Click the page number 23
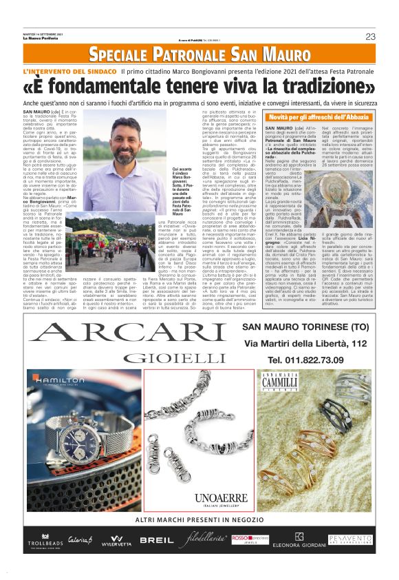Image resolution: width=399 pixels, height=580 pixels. coord(369,37)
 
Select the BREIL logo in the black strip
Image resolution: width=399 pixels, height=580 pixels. coord(157,540)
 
